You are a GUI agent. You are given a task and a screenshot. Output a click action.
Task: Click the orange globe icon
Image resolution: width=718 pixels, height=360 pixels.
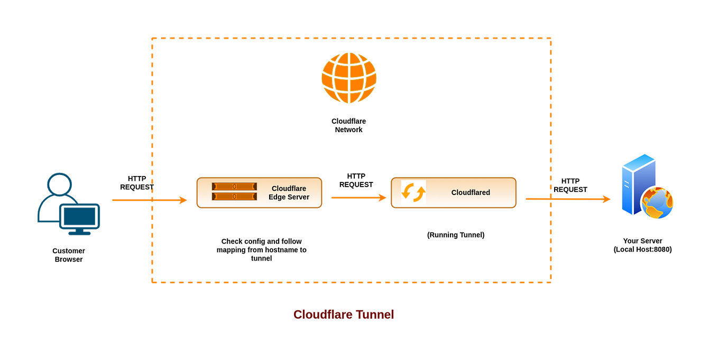(x=349, y=78)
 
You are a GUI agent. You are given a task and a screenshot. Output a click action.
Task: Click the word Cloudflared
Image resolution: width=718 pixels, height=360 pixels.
(x=471, y=192)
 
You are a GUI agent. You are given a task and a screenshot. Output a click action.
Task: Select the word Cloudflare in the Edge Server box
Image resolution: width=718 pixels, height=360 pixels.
(x=289, y=188)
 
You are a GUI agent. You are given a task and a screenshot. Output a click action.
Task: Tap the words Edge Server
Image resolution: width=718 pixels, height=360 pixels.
(x=289, y=197)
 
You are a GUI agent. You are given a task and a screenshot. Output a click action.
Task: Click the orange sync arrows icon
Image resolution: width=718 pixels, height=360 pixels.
(x=413, y=192)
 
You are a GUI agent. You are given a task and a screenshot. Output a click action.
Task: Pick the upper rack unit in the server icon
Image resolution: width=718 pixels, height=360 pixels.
(x=234, y=187)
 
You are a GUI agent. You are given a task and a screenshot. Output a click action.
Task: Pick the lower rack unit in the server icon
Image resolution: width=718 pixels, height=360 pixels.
(x=234, y=197)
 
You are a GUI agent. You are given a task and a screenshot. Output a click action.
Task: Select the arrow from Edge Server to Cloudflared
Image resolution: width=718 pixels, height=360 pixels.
(x=358, y=198)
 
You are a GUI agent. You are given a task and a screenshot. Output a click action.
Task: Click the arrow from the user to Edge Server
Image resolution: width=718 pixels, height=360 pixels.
(x=149, y=200)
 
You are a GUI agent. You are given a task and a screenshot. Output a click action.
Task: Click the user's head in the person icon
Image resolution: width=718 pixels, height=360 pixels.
(x=59, y=183)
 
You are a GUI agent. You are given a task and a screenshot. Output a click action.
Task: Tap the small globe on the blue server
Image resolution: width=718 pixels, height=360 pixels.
(x=658, y=203)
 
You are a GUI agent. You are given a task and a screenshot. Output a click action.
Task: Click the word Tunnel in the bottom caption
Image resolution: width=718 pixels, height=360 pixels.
(x=375, y=314)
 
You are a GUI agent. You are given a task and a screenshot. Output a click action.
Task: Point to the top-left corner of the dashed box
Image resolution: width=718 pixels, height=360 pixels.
(x=152, y=38)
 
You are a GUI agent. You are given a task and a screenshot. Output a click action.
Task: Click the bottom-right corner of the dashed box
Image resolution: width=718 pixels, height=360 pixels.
(x=551, y=282)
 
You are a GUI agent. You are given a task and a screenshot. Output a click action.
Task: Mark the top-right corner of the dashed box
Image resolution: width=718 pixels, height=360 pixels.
(x=551, y=38)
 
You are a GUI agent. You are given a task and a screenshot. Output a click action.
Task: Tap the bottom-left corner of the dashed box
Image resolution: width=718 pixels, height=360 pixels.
(x=152, y=282)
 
